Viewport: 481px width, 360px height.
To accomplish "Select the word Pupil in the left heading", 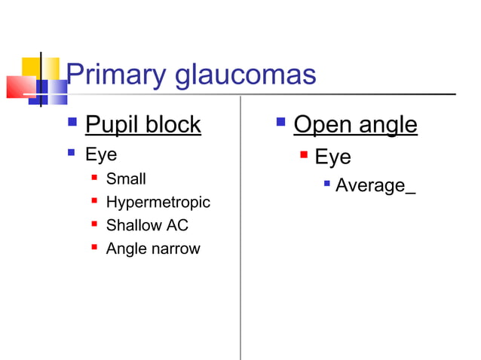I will pyautogui.click(x=113, y=124).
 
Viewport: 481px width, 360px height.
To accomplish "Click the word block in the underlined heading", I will pyautogui.click(x=174, y=124).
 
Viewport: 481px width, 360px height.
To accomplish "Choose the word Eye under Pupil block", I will pyautogui.click(x=102, y=155).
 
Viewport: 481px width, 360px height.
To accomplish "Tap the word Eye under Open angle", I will pyautogui.click(x=332, y=157).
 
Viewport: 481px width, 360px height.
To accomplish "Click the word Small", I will pyautogui.click(x=126, y=179).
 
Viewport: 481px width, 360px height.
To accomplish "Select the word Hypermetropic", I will pyautogui.click(x=158, y=203).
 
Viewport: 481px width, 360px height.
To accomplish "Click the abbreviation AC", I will pyautogui.click(x=177, y=225).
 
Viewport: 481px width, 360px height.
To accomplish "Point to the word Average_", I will pyautogui.click(x=375, y=185).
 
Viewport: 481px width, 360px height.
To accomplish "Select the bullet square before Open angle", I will pyautogui.click(x=280, y=121).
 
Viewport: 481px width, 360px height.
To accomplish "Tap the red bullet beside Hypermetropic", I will pyautogui.click(x=93, y=201).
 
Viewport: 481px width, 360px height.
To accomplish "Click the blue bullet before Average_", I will pyautogui.click(x=325, y=183).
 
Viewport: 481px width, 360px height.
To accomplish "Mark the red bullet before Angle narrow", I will pyautogui.click(x=93, y=247).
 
